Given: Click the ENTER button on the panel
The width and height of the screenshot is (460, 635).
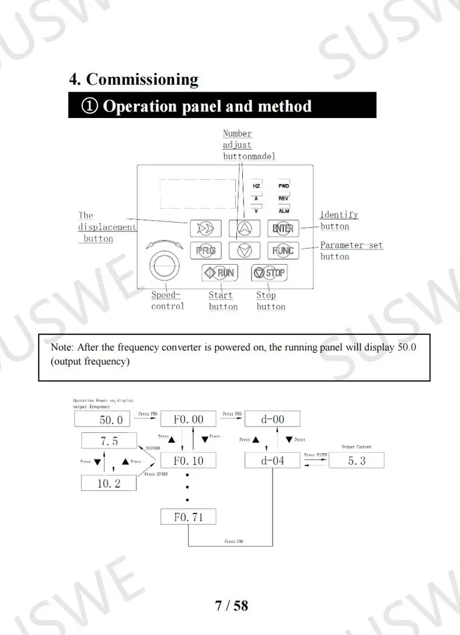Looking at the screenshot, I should coord(283,228).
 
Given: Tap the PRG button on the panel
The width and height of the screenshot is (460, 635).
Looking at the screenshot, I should coord(205,251).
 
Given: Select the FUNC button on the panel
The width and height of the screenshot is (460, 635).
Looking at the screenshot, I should coord(283,251).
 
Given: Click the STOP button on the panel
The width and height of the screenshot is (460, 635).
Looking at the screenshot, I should coord(269,272).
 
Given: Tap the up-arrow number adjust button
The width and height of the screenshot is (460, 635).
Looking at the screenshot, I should coord(245,228).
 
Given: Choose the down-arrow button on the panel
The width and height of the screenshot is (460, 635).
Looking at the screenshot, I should coord(245,251).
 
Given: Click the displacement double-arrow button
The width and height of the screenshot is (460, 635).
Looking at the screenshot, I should coord(205,228).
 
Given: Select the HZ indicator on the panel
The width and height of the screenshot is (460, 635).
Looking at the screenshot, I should coord(256,186).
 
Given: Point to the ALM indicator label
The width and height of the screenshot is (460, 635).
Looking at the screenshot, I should coord(284,211).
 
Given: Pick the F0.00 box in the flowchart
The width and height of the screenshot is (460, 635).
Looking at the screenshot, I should coord(189,419).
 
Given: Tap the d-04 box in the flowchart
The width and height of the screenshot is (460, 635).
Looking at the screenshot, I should coord(272,460).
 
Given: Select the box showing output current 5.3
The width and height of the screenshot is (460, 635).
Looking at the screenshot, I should coord(356,460).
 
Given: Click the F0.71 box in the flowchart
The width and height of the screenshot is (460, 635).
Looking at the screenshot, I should coord(188,517).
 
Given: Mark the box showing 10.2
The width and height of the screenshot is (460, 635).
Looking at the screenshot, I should coord(109,483).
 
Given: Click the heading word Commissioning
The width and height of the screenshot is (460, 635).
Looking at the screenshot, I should coord(142,79).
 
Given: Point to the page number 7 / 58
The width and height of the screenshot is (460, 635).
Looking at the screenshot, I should coord(232,605).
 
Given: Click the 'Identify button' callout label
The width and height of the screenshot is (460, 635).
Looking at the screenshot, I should coord(338,220).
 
